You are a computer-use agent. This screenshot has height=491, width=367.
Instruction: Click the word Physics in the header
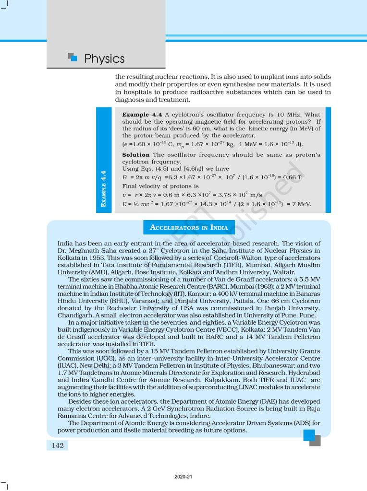click(x=104, y=59)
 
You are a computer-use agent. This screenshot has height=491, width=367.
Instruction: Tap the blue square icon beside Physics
click(x=73, y=57)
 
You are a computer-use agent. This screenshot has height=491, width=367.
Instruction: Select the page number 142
click(x=58, y=445)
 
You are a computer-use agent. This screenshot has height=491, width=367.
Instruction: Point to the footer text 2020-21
click(x=183, y=477)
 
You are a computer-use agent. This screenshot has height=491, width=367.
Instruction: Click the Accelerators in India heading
click(x=189, y=227)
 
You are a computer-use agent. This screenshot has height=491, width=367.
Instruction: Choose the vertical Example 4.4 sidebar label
click(x=104, y=188)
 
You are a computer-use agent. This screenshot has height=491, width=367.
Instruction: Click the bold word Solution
click(x=136, y=155)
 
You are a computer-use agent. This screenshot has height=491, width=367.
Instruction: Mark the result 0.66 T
click(x=293, y=177)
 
